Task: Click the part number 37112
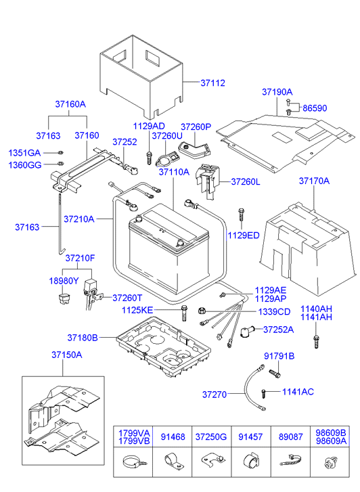click(x=212, y=83)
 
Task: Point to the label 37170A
click(x=314, y=181)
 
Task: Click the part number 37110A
click(x=174, y=173)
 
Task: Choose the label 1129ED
click(x=244, y=235)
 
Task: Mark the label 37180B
click(x=83, y=337)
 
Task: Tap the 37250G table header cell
click(x=212, y=438)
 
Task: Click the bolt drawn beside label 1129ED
click(x=241, y=216)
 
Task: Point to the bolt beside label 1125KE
click(x=183, y=313)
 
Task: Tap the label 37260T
click(x=128, y=298)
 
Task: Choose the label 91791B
click(x=279, y=356)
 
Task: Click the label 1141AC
click(x=298, y=393)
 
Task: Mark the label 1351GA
click(x=24, y=152)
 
